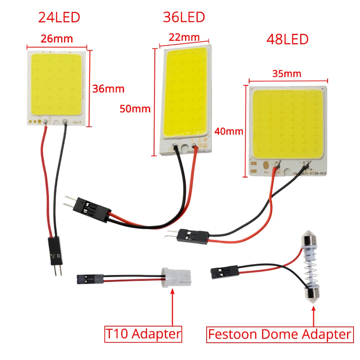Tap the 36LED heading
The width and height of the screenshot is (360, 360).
(x=184, y=17)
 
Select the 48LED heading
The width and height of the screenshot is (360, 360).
(x=287, y=39)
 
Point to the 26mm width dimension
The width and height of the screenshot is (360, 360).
(x=57, y=38)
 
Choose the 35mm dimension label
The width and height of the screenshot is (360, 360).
(x=287, y=74)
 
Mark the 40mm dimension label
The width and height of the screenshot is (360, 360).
(x=229, y=131)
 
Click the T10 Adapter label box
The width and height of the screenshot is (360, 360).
(x=143, y=334)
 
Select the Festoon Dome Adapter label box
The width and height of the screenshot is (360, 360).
(x=279, y=334)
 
